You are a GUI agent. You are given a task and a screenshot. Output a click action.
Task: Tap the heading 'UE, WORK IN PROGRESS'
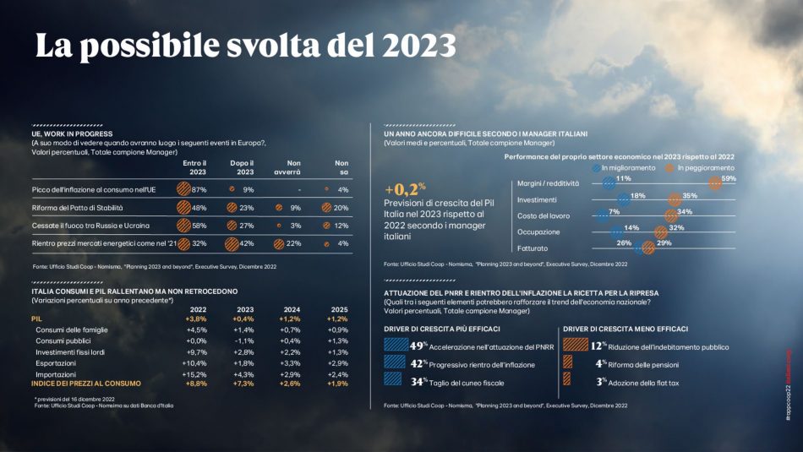71,133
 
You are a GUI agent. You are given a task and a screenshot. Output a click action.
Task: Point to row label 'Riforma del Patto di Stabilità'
72,207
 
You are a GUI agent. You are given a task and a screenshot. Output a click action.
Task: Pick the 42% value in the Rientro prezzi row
243,243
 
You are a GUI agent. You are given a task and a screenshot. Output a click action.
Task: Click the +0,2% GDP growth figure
405,189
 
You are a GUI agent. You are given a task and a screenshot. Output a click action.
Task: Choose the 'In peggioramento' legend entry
705,168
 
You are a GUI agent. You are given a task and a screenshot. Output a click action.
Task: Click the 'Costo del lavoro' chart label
542,215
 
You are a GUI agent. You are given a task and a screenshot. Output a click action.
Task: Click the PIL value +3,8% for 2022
196,319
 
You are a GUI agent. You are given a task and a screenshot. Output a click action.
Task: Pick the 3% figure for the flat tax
601,381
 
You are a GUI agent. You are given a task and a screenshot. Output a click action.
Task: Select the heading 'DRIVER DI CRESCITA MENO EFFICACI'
625,329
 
